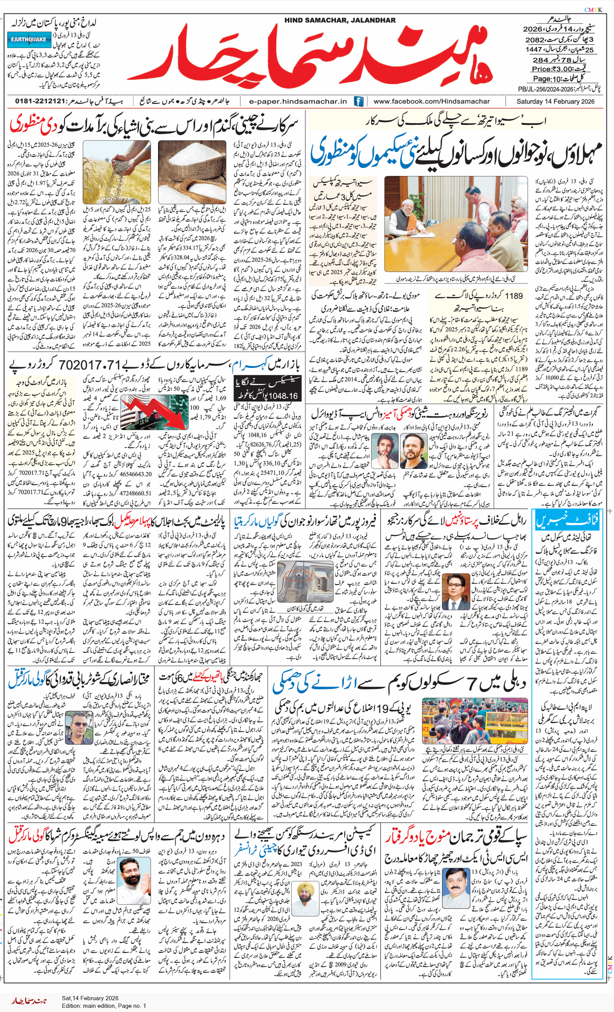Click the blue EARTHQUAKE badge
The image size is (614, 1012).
click(x=29, y=40)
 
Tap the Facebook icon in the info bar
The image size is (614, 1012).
click(x=358, y=101)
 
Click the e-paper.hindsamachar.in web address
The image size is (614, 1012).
click(x=298, y=101)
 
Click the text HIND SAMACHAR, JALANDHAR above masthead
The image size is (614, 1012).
click(x=340, y=20)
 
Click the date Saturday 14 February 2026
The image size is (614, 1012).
click(x=555, y=101)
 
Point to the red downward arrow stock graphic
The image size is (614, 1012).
click(x=154, y=412)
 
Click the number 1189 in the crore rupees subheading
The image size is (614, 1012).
click(x=514, y=296)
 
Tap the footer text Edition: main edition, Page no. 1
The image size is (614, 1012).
click(x=104, y=1006)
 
